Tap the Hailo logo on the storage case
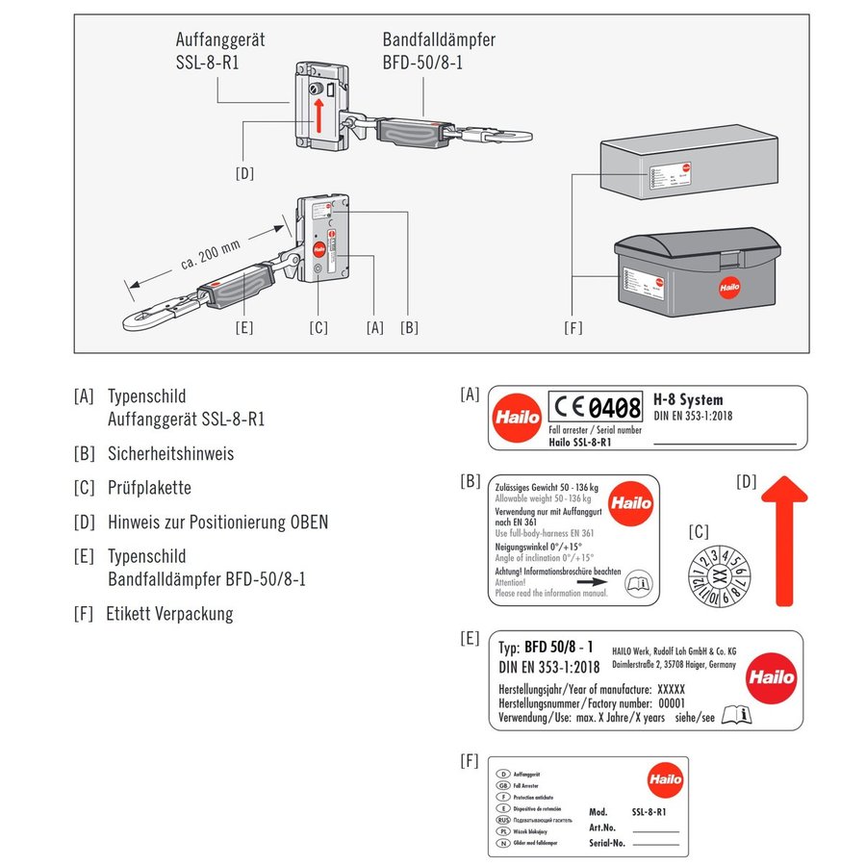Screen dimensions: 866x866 [728, 287]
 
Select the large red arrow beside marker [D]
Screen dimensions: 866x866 [784, 539]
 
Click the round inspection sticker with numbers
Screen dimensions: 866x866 [717, 578]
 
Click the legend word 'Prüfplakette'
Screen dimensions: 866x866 [149, 488]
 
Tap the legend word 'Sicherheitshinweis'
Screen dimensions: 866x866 [170, 453]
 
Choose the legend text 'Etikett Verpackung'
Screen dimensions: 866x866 [169, 614]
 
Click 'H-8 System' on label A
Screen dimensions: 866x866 [687, 399]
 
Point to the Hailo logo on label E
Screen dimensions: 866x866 [771, 676]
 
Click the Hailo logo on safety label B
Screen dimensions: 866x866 [630, 502]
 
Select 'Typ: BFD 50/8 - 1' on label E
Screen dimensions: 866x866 [546, 647]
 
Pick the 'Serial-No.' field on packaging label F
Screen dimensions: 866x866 [607, 843]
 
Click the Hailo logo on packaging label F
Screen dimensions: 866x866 [664, 778]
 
